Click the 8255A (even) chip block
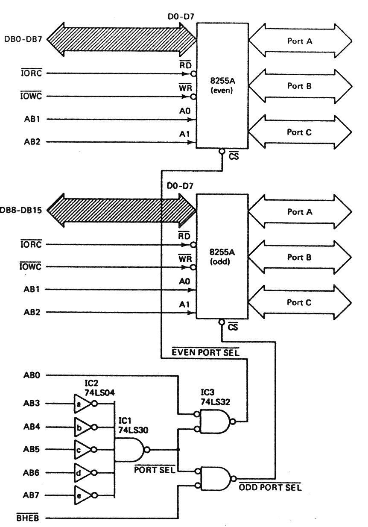point(222,85)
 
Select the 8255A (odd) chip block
point(222,256)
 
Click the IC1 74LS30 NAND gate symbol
point(130,449)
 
